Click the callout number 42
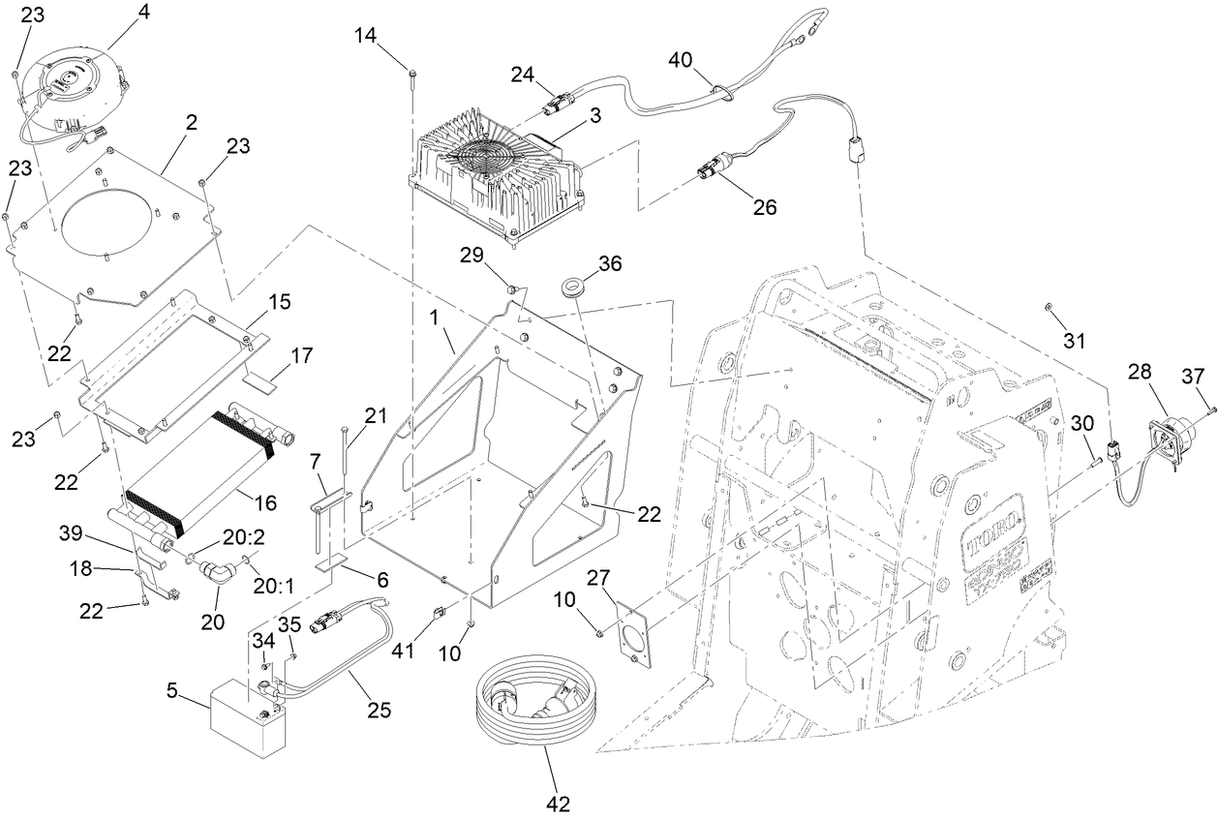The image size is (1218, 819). (558, 803)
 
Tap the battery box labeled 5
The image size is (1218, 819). (250, 715)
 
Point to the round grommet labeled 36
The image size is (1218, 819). (576, 288)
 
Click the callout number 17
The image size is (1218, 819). (301, 355)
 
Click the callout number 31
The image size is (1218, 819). (1075, 341)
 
